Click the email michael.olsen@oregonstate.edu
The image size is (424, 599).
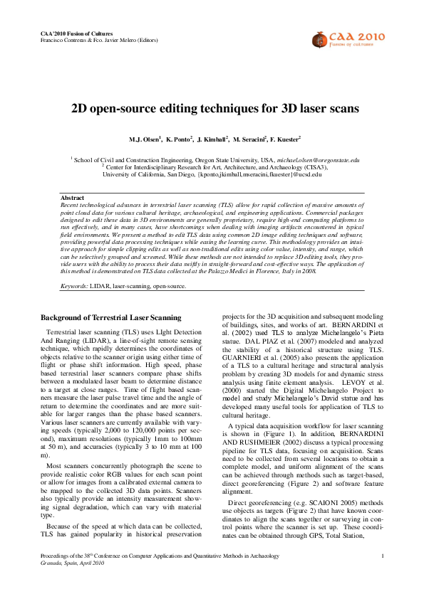coord(318,161)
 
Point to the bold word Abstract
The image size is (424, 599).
coord(73,197)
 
